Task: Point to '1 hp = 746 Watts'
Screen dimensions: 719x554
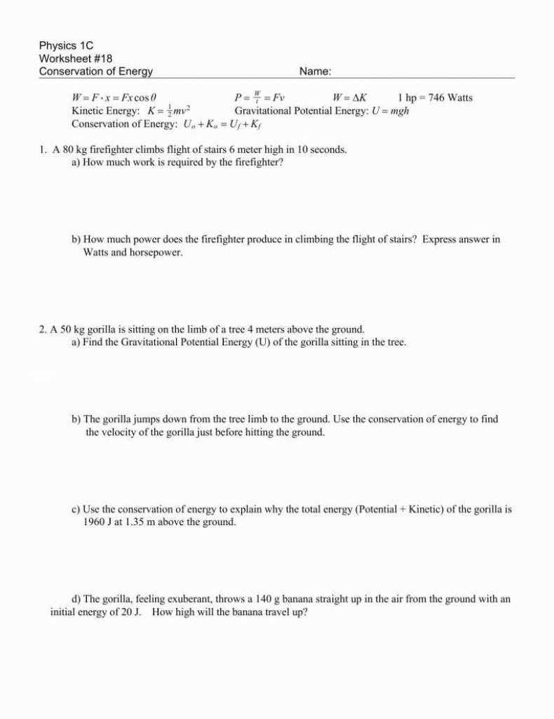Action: pos(435,98)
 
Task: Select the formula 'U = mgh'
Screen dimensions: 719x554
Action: pos(391,111)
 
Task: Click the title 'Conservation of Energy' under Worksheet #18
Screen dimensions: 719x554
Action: pos(95,72)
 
